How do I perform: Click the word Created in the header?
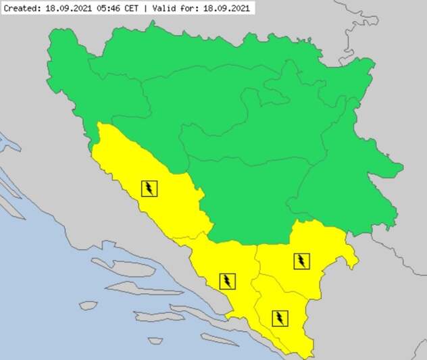pyautogui.click(x=21, y=8)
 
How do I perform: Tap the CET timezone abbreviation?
pyautogui.click(x=137, y=8)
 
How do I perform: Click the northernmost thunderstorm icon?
pyautogui.click(x=149, y=188)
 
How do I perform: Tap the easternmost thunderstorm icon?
pyautogui.click(x=301, y=261)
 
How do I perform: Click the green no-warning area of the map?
pyautogui.click(x=257, y=135)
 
